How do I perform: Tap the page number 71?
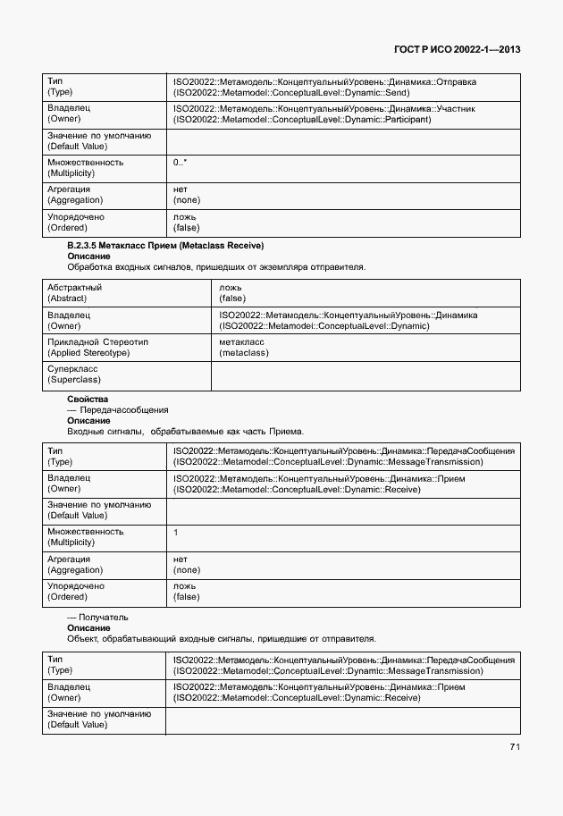(515, 746)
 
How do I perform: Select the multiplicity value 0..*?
(181, 163)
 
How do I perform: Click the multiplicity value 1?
(176, 532)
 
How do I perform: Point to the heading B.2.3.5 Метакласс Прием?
(165, 245)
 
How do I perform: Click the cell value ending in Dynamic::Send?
(324, 87)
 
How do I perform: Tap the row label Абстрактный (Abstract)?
(74, 292)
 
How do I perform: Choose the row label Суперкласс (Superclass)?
(73, 374)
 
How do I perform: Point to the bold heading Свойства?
(88, 399)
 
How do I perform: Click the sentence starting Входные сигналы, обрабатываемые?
(186, 431)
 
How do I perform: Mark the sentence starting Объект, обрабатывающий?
(222, 638)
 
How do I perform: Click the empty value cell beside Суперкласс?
(365, 374)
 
